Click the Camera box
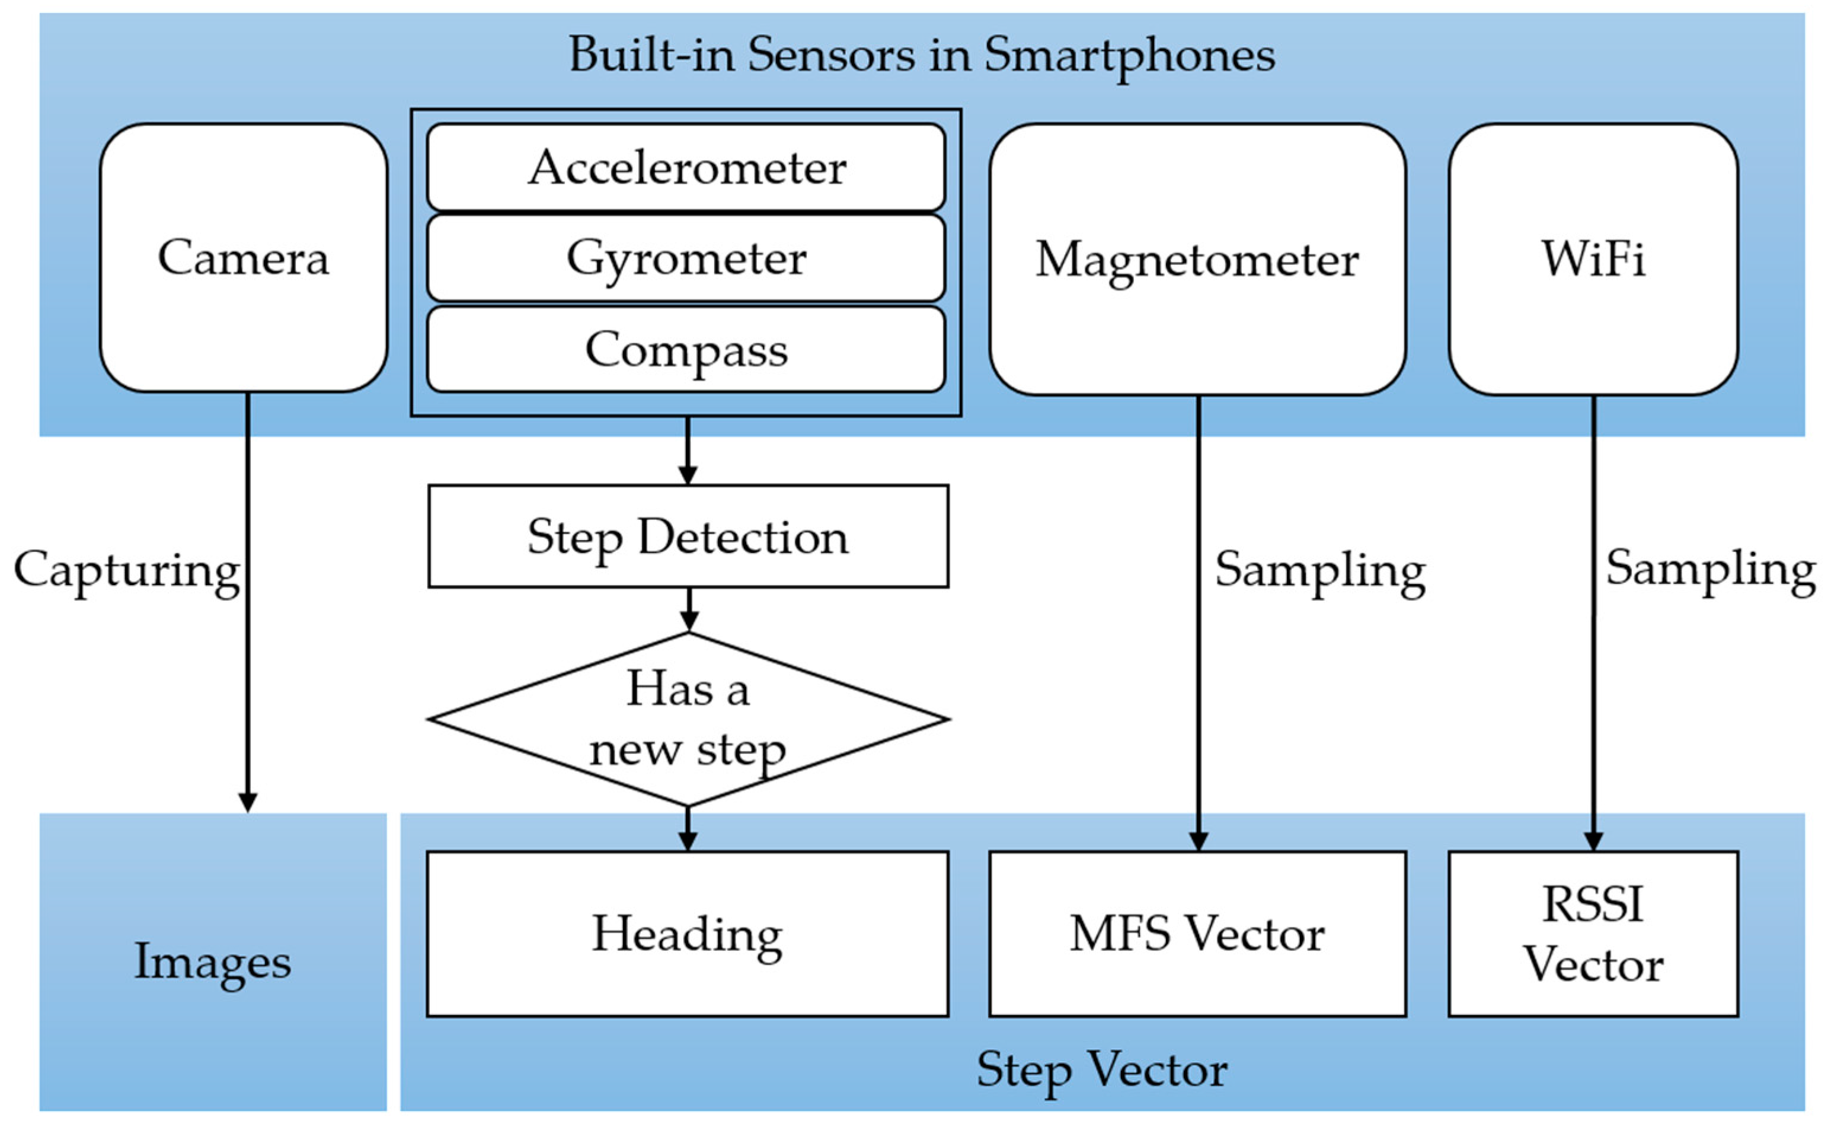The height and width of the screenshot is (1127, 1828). pyautogui.click(x=244, y=258)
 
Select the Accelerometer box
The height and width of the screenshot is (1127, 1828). pyautogui.click(x=686, y=167)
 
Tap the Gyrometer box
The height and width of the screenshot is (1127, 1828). pyautogui.click(x=686, y=258)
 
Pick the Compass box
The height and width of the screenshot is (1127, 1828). pyautogui.click(x=686, y=350)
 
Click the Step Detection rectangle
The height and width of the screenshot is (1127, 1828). pyautogui.click(x=688, y=537)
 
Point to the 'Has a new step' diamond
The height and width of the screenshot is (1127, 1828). pyautogui.click(x=688, y=719)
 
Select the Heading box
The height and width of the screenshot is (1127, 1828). pyautogui.click(x=687, y=934)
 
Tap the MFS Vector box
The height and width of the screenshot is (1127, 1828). pyautogui.click(x=1197, y=934)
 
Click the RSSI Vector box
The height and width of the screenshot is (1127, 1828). pyautogui.click(x=1593, y=934)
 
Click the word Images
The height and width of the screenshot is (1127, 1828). pyautogui.click(x=212, y=962)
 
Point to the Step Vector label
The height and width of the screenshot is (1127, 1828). pyautogui.click(x=1101, y=1070)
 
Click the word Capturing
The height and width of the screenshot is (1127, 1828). pyautogui.click(x=127, y=570)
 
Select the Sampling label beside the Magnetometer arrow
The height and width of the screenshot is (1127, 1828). pyautogui.click(x=1320, y=570)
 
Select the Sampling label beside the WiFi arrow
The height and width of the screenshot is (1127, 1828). pyautogui.click(x=1710, y=569)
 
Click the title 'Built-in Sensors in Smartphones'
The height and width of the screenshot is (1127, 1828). pyautogui.click(x=921, y=55)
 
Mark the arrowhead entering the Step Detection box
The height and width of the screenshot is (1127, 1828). pyautogui.click(x=688, y=475)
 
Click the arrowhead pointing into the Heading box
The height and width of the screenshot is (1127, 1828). pyautogui.click(x=688, y=841)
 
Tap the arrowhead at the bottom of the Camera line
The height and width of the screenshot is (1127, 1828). pyautogui.click(x=247, y=802)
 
